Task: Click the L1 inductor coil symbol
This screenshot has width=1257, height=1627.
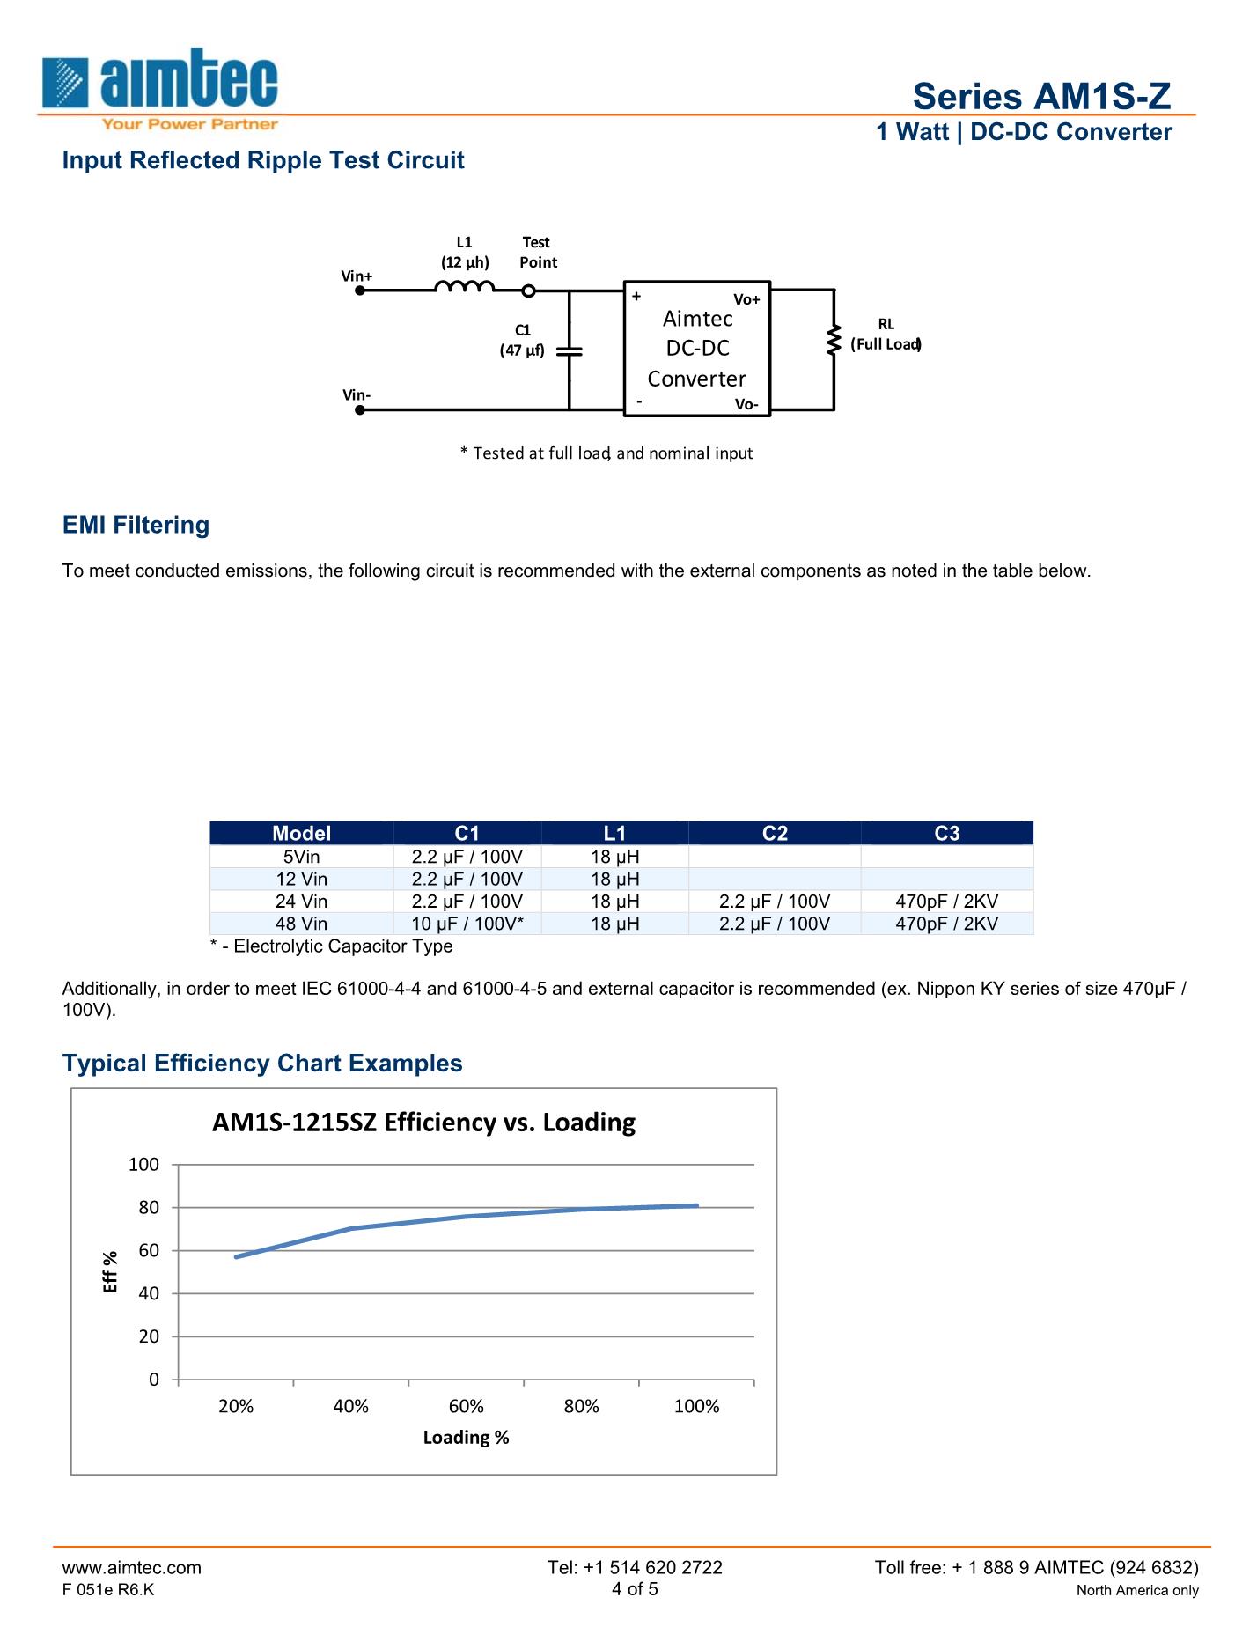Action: pyautogui.click(x=464, y=286)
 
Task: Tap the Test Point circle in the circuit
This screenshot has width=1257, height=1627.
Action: pyautogui.click(x=528, y=291)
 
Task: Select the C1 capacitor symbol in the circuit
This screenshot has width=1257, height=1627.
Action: pyautogui.click(x=570, y=350)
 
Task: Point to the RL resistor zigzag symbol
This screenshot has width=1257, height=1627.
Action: pyautogui.click(x=833, y=342)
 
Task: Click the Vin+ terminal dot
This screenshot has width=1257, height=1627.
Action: pyautogui.click(x=359, y=290)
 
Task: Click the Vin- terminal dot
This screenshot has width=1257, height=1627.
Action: pyautogui.click(x=359, y=409)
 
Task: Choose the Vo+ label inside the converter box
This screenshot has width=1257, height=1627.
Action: pyautogui.click(x=746, y=300)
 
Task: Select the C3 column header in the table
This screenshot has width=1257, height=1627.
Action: pyautogui.click(x=946, y=833)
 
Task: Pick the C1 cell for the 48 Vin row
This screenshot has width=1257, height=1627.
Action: pyautogui.click(x=467, y=924)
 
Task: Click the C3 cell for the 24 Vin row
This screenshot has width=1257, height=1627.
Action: pyautogui.click(x=946, y=902)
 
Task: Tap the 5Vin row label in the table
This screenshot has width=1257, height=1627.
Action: pyautogui.click(x=301, y=857)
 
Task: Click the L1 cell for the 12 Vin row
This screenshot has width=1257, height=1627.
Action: pyautogui.click(x=614, y=879)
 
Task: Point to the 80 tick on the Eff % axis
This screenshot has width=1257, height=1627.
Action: pyautogui.click(x=149, y=1208)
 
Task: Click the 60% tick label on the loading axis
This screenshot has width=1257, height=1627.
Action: pyautogui.click(x=466, y=1406)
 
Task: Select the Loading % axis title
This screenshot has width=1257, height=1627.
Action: pyautogui.click(x=466, y=1437)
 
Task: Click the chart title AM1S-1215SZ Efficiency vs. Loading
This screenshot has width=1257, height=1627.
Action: pyautogui.click(x=423, y=1123)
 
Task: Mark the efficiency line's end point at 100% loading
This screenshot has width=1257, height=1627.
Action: pyautogui.click(x=696, y=1205)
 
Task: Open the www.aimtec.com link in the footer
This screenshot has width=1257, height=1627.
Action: pyautogui.click(x=131, y=1567)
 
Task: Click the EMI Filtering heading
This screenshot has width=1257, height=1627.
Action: pyautogui.click(x=136, y=525)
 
